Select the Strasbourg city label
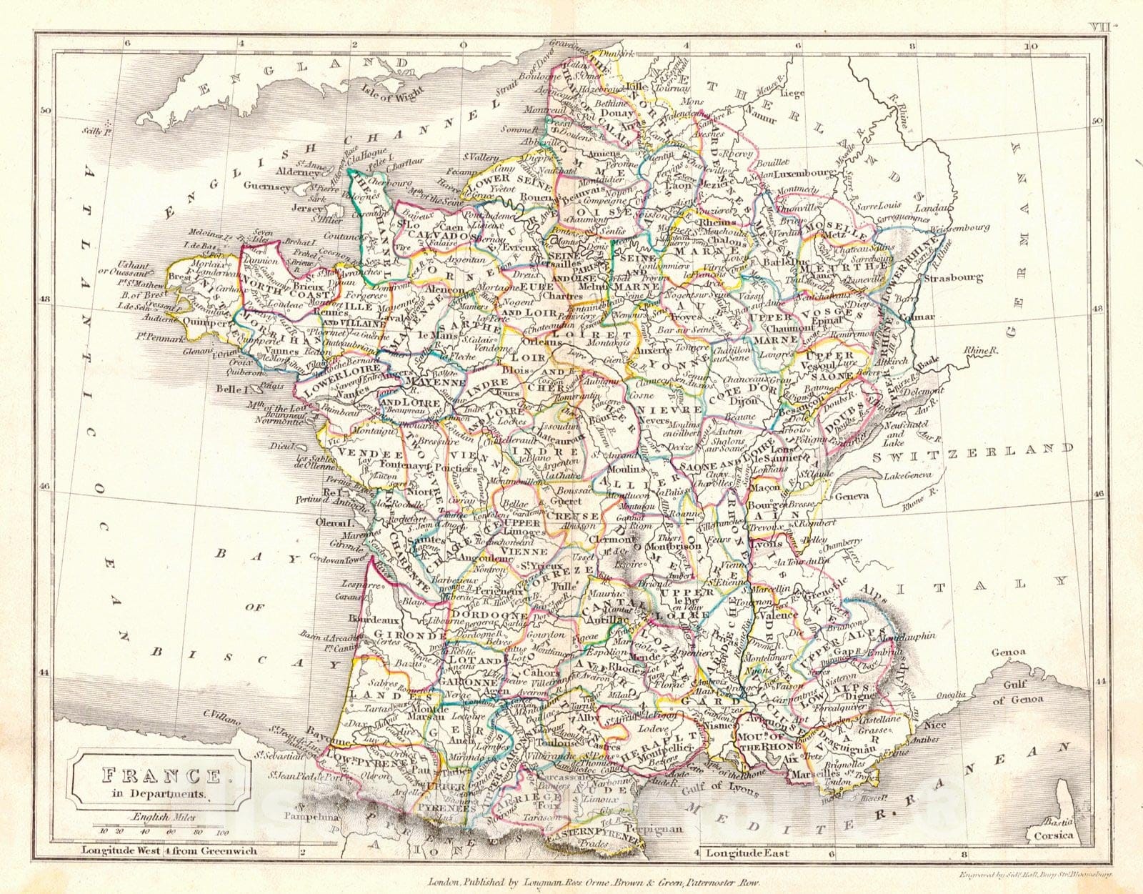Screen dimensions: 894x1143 (x=952, y=278)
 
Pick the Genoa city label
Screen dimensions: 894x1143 (x=1008, y=652)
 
